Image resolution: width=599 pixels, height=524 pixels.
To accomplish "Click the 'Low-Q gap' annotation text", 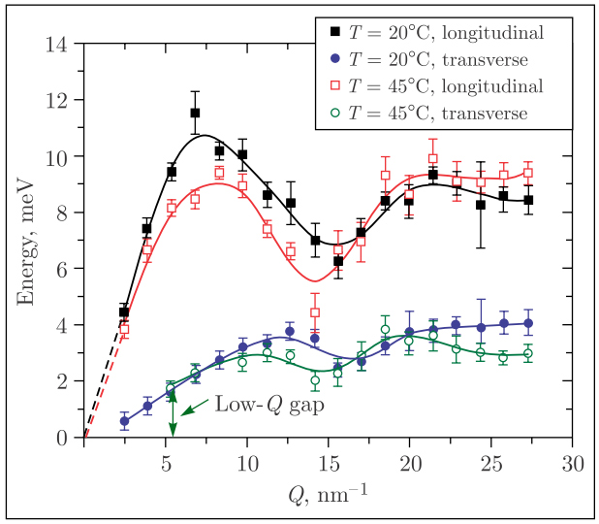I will click(269, 403).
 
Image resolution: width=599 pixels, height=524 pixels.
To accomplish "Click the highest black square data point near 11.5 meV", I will click(195, 114).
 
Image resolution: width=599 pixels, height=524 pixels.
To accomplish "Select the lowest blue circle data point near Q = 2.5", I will click(124, 421).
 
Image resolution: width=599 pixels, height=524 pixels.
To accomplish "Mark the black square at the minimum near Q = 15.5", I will click(338, 261).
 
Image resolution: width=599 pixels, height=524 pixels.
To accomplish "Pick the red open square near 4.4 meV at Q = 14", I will click(315, 312).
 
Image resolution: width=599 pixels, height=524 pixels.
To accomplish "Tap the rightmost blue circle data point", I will click(527, 323).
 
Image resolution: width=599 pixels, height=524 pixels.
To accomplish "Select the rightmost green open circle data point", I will click(527, 354).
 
